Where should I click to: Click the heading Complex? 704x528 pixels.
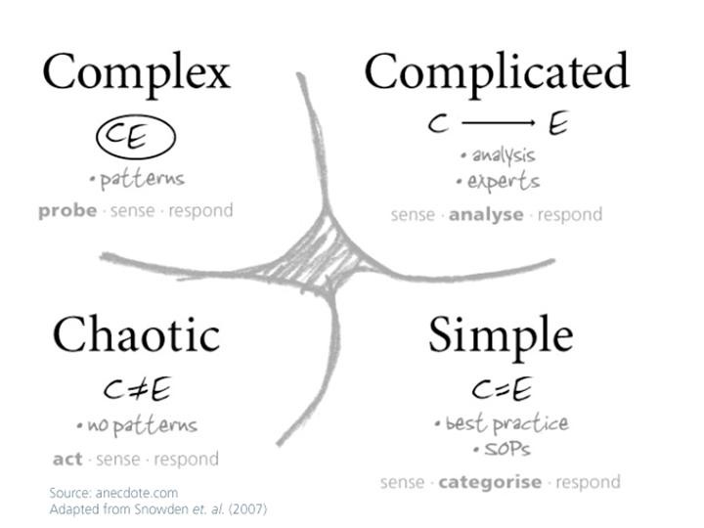point(136,74)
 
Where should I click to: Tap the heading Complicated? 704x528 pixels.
point(496,72)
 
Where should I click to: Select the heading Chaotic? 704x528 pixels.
point(136,335)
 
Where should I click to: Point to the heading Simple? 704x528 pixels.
point(500,335)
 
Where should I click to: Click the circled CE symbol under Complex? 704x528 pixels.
point(135,138)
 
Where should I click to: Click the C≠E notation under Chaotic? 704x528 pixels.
point(137,390)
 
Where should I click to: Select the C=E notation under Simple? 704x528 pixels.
point(501,390)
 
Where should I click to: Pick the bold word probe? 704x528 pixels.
point(66,211)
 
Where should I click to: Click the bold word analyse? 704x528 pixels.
point(486,215)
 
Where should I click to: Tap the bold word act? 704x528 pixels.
point(66,459)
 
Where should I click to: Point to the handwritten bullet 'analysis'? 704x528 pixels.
point(499,154)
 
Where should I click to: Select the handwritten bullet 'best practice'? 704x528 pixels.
point(502,424)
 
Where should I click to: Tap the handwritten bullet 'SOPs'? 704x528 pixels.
point(501,451)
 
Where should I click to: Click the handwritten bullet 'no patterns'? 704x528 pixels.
point(138,426)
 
